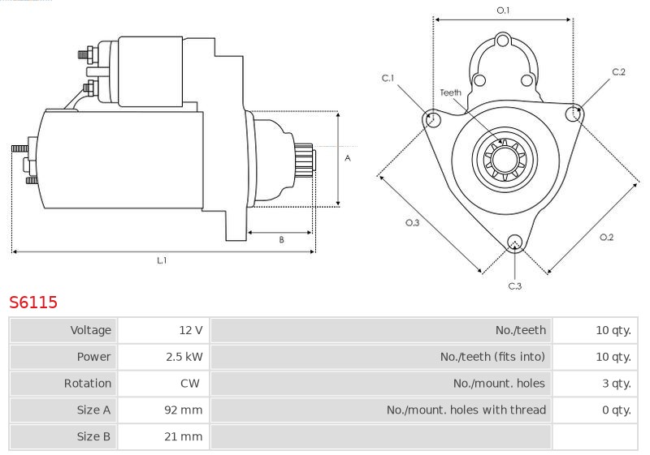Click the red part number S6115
pos(33,303)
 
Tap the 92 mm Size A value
pos(184,410)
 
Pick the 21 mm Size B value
pos(184,436)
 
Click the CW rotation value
pos(190,384)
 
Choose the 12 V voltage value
pos(191,330)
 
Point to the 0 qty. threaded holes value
pos(617,410)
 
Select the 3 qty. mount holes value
pos(617,384)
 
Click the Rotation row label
pos(88,384)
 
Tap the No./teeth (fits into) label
pos(492,357)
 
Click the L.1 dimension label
pos(162,260)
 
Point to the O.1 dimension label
pos(503,10)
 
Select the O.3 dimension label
pos(413,222)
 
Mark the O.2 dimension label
pos(606,237)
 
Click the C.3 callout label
pos(515,285)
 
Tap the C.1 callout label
pos(388,78)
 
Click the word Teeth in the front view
pos(451,92)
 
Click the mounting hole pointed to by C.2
pos(574,113)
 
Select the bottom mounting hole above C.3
pos(515,243)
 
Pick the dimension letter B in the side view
pos(281,239)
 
